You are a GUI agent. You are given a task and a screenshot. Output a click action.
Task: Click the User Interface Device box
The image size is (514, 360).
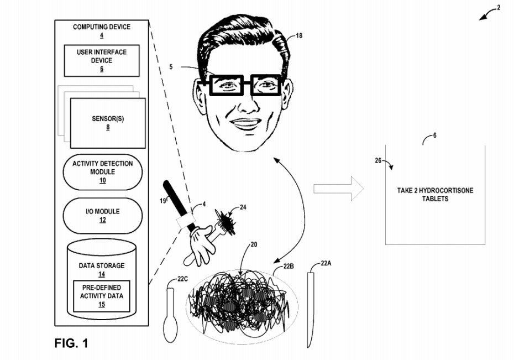(101, 60)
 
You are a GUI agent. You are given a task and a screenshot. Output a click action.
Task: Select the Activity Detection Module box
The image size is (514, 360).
(102, 171)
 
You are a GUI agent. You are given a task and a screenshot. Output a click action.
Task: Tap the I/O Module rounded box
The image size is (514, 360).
(102, 215)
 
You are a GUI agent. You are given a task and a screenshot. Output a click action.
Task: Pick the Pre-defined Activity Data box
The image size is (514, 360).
(102, 296)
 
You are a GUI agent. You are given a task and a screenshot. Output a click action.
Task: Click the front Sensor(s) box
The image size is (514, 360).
(108, 122)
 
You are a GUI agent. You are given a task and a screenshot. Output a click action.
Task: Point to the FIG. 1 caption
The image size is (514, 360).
(71, 343)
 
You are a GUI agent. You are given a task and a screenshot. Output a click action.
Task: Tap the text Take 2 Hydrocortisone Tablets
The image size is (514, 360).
(435, 194)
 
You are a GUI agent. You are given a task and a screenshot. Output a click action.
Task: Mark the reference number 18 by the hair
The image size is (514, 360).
(299, 36)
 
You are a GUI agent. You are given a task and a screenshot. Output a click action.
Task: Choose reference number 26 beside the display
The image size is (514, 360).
(378, 161)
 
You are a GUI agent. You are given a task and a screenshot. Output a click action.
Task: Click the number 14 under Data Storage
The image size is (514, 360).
(102, 274)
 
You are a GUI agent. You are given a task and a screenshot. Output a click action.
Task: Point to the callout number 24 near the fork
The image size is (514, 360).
(244, 208)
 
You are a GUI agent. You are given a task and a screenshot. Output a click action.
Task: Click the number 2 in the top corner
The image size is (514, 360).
(498, 8)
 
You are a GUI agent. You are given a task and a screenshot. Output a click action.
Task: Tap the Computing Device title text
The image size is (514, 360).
(102, 27)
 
